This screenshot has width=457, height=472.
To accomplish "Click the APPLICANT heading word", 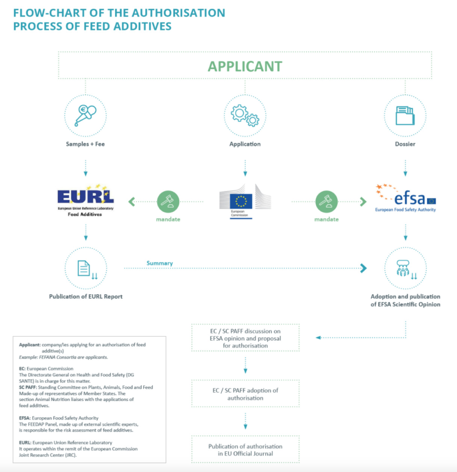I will point(245,67).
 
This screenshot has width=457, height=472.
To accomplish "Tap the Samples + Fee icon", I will point(85,115).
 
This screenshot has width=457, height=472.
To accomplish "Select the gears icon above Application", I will point(245,115).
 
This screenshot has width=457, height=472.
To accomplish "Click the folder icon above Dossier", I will point(405,115).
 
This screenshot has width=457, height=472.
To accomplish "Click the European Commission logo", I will point(245,201).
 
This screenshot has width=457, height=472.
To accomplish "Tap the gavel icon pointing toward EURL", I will point(168,202).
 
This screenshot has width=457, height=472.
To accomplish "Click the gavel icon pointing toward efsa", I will point(326,202).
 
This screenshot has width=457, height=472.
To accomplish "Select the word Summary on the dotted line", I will point(159,263).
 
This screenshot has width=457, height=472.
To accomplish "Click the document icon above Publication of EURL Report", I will point(85,268).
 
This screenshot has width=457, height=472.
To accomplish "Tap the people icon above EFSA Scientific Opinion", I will point(405,268).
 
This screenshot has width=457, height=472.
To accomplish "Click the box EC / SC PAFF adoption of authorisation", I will point(245,394).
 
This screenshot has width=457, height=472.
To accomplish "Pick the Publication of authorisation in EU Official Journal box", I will point(245,450).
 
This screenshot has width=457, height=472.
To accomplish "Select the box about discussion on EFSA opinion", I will point(245,338).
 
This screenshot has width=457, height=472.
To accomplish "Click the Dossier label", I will point(405,144).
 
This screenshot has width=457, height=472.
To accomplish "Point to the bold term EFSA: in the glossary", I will point(25,418).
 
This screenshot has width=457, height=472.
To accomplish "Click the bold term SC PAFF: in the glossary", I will point(28,387).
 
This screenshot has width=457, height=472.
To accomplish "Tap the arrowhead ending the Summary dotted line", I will point(363,268).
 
